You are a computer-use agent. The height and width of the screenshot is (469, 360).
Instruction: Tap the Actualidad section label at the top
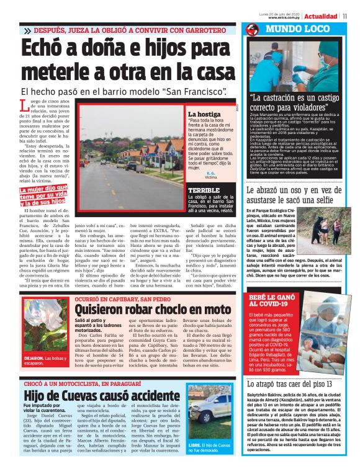pos(320,16)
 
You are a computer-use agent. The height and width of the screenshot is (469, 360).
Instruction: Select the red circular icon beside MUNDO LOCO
pos(251,30)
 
